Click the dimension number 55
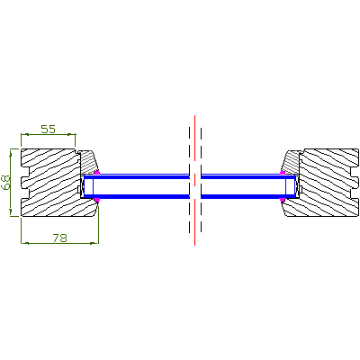(49, 129)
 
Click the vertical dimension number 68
(6, 183)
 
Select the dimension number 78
(60, 238)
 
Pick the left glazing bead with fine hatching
(87, 162)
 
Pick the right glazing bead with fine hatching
(291, 162)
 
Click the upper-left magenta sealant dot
(96, 173)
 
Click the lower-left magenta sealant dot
(96, 200)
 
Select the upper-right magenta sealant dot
(283, 172)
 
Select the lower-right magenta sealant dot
(283, 200)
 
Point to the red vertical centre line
(195, 180)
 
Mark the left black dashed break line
(190, 180)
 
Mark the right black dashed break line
(201, 180)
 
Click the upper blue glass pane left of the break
(137, 176)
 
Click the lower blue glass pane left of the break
(137, 197)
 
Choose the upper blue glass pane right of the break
(248, 176)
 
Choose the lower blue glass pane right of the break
(248, 197)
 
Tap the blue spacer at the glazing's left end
(89, 186)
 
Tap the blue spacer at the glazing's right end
(291, 186)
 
